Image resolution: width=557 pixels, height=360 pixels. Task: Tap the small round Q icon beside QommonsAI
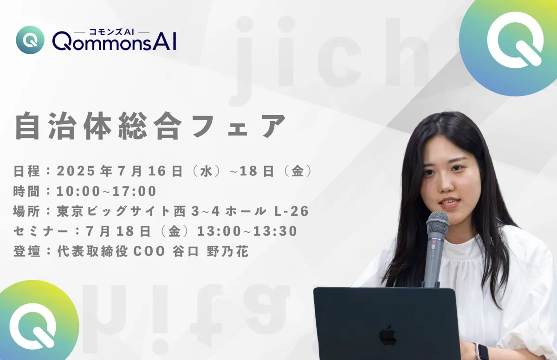30,40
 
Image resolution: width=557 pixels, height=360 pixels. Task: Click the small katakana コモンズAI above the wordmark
112,32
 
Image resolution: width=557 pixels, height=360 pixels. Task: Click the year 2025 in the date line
76,171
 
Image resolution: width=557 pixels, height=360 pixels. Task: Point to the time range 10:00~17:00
106,191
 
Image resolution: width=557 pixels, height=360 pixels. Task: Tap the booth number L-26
291,211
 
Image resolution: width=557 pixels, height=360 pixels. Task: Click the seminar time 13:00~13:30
247,231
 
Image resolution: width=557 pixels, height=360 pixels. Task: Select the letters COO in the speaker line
149,251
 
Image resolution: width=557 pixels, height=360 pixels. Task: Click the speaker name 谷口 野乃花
210,251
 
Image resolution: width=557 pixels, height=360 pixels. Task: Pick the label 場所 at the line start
26,211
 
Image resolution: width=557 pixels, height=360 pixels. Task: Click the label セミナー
40,231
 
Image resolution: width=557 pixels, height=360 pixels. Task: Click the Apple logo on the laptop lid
388,335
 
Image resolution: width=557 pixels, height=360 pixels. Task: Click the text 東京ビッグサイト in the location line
114,211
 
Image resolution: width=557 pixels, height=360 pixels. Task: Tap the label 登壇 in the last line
26,251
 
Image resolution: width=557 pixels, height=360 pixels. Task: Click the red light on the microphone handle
434,242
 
